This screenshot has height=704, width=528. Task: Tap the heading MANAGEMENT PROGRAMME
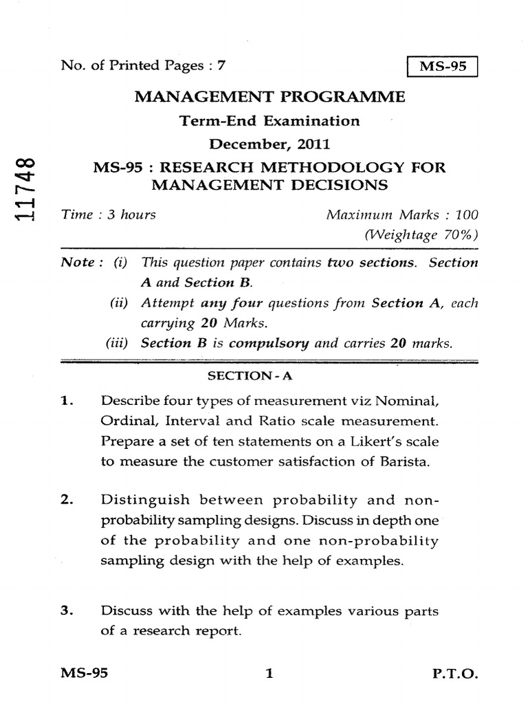270,96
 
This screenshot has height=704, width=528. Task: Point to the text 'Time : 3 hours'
108,214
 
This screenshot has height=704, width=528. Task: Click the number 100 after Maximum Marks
466,214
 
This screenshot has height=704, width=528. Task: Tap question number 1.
66,399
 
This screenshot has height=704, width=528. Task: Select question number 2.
66,499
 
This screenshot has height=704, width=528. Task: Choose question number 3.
66,610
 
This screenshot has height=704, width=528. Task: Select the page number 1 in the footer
269,674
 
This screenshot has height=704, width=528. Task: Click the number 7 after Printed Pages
221,66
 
